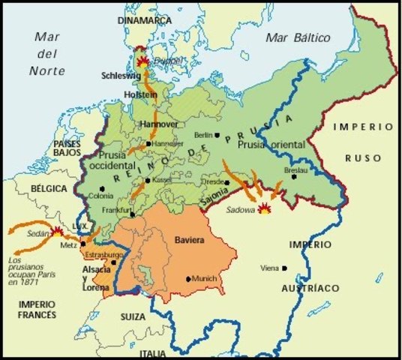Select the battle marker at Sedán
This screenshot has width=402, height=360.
(x=58, y=232)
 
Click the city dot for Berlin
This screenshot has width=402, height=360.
(x=216, y=136)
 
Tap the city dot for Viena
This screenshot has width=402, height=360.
(x=284, y=268)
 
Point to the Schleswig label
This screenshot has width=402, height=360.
(x=121, y=76)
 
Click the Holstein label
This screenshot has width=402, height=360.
(x=140, y=96)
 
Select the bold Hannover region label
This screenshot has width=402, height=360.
(x=157, y=124)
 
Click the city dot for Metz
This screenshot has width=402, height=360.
(x=82, y=244)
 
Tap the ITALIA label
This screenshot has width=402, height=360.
(x=154, y=352)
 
